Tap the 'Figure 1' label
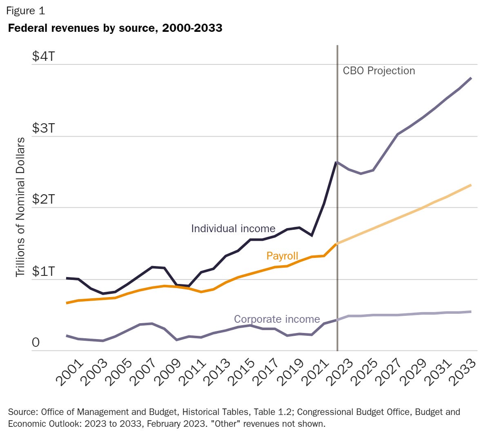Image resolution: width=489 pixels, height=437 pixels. [25, 11]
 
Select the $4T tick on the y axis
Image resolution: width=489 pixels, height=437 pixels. [44, 56]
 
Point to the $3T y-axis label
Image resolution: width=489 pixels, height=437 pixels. [44, 128]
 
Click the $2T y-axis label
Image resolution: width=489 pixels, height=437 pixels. [44, 200]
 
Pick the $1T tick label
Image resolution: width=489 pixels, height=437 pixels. [44, 271]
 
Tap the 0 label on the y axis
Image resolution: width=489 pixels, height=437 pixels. [36, 342]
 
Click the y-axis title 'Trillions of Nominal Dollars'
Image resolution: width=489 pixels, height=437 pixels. [20, 207]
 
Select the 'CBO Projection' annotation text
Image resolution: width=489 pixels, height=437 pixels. [379, 71]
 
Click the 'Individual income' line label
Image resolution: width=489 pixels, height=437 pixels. [233, 228]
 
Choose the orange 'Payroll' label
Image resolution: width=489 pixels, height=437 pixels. [282, 256]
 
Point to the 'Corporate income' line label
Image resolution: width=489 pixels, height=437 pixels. [277, 319]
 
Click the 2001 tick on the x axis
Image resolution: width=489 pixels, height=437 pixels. [70, 373]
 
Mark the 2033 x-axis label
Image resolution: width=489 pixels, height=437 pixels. [463, 373]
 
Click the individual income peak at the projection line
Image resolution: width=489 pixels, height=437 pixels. [336, 162]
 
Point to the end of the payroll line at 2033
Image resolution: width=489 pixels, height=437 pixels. [471, 185]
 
